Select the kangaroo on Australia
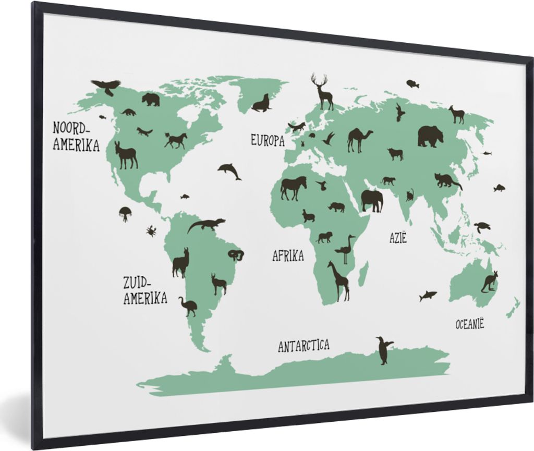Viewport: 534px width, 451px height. (489, 282)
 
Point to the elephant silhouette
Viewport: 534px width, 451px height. (372, 200)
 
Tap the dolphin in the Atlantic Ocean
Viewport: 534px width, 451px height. (229, 170)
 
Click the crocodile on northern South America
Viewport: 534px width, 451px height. (206, 225)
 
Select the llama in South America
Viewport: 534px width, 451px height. (181, 263)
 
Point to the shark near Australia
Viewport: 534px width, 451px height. (428, 296)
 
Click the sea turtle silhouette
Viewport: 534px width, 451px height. (482, 227)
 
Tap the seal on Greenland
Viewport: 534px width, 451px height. (262, 104)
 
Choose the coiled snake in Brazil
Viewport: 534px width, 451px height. (236, 255)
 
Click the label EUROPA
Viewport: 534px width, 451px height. (268, 140)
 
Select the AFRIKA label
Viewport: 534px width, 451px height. (288, 255)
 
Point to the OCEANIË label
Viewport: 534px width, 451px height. (469, 324)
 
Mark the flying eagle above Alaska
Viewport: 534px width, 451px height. (106, 86)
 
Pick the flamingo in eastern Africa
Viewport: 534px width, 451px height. (345, 249)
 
